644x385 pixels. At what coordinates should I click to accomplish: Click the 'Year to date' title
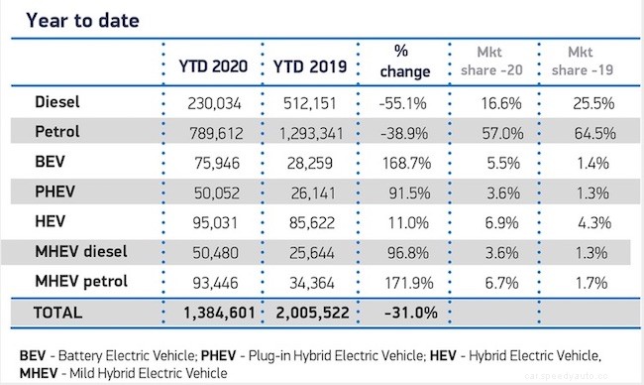click(x=82, y=19)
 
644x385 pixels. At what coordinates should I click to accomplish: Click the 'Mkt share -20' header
click(x=490, y=63)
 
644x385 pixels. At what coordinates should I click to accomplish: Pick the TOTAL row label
click(x=56, y=313)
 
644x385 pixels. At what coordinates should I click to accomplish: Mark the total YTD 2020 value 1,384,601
click(x=212, y=314)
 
